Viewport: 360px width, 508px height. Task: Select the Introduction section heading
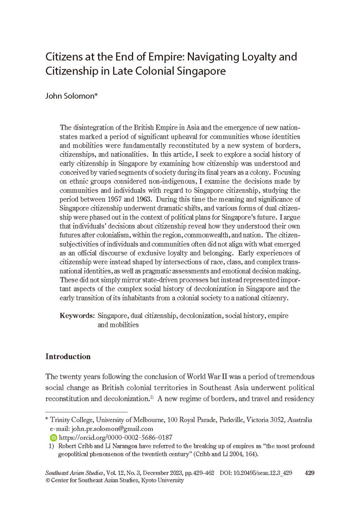(x=68, y=356)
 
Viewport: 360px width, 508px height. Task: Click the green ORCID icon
(x=53, y=437)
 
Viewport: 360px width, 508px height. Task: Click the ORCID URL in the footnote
(x=115, y=437)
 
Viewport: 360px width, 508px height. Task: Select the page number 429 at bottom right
(x=309, y=472)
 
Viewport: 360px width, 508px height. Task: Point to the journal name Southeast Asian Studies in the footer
(x=74, y=472)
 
